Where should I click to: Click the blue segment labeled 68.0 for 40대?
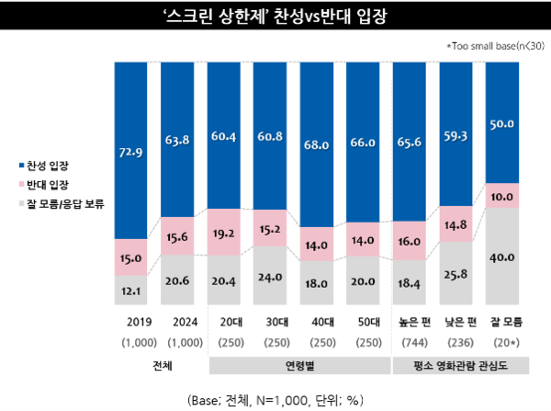pos(321,144)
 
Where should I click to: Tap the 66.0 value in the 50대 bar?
pos(368,144)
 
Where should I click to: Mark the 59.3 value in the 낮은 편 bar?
pos(462,138)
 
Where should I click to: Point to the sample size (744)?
pos(415,342)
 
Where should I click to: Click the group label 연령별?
pos(298,367)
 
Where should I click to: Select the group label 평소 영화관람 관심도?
pos(462,367)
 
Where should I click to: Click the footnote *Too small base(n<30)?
pos(492,45)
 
